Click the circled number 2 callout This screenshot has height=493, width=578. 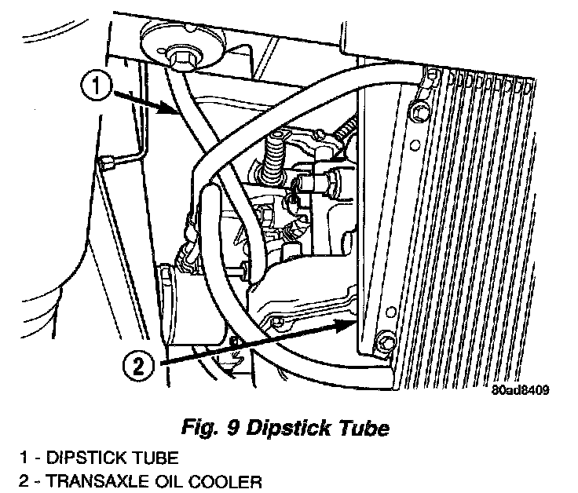pyautogui.click(x=138, y=365)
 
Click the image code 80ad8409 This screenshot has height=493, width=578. pyautogui.click(x=521, y=389)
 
